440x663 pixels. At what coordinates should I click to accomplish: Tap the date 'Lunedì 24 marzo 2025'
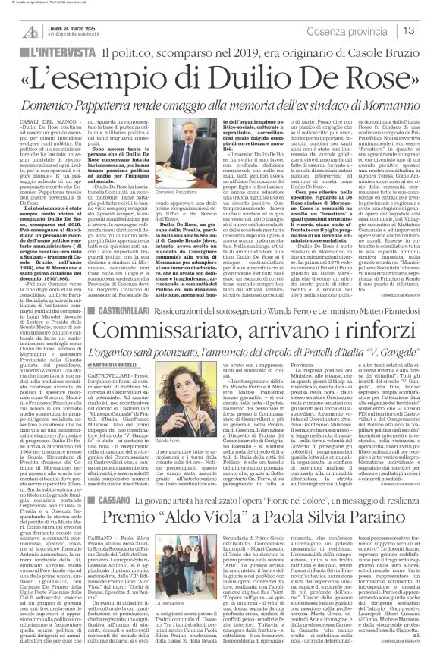pos(61,26)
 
